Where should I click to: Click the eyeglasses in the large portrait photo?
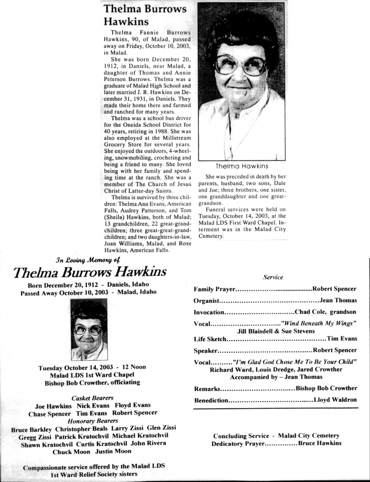pyautogui.click(x=240, y=66)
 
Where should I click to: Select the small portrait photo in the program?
pyautogui.click(x=89, y=329)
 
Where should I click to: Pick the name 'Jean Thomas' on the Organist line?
pyautogui.click(x=338, y=300)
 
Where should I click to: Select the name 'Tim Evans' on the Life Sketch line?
pyautogui.click(x=342, y=338)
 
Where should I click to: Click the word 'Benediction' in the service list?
pyautogui.click(x=211, y=401)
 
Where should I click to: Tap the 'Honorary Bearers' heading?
pyautogui.click(x=93, y=420)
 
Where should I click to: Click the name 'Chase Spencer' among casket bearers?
pyautogui.click(x=49, y=413)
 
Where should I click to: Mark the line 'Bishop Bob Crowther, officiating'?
pyautogui.click(x=92, y=383)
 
